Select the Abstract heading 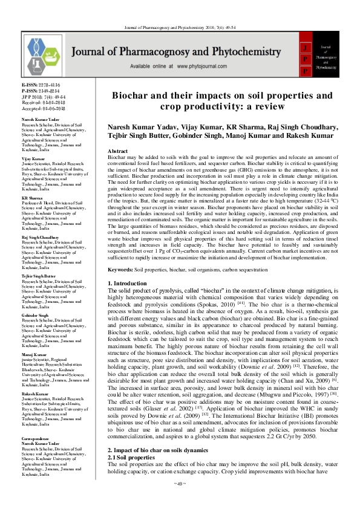pos(117,149)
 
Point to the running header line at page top pos(179,28)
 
